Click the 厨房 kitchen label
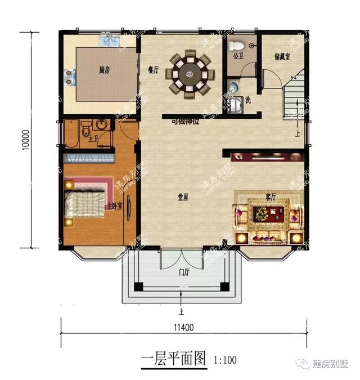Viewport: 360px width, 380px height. [x=103, y=70]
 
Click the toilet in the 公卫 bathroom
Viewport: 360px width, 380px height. [x=237, y=45]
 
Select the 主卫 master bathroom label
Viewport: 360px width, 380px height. [x=93, y=139]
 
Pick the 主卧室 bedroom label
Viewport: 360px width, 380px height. [x=114, y=207]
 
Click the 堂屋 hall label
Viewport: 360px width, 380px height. [x=183, y=197]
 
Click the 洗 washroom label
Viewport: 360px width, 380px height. [x=247, y=100]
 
